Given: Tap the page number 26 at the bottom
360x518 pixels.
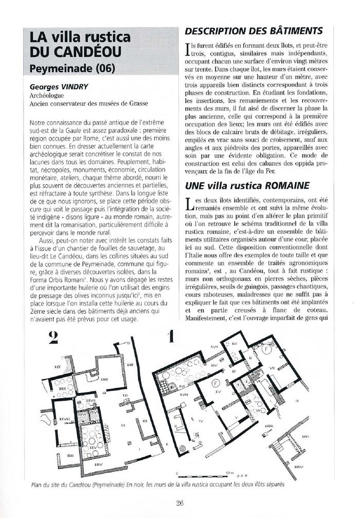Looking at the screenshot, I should pos(179,504).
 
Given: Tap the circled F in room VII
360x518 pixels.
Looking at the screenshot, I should pos(266,349).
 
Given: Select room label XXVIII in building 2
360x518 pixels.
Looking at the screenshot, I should pos(65,419).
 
